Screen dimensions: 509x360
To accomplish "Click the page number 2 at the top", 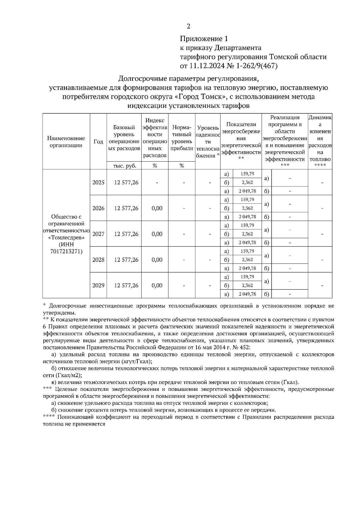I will pos(188,26).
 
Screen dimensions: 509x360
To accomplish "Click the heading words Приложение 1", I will pos(204,39).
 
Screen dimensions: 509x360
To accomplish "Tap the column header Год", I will pos(98,141).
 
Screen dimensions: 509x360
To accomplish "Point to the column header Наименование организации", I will pos(66,142).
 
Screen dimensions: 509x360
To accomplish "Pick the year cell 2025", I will pos(98,182).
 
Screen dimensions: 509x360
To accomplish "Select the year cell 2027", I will pos(98,234).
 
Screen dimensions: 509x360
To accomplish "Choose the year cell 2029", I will pos(98,285).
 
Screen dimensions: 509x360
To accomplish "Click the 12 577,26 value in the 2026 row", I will pos(126,208).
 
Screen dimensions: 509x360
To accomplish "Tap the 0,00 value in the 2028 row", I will pos(157,260).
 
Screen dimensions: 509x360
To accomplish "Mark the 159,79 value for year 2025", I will pos(247,174).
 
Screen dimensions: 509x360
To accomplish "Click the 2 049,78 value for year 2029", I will pos(247,294).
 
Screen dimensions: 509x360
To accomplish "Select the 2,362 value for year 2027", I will pos(247,234).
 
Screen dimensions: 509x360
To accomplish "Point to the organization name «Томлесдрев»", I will pos(66,237).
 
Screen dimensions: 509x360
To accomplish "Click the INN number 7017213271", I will pos(66,251).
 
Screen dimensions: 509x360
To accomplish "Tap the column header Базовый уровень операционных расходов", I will pos(124,138).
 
